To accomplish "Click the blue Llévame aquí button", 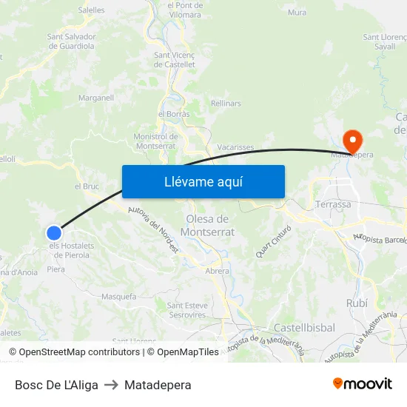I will tap(203, 181).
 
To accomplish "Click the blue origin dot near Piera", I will tap(53, 232).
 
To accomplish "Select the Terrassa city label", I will tap(332, 203).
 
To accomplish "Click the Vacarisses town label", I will tap(235, 147).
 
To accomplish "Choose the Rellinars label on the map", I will tap(226, 104).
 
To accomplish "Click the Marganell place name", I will tap(96, 97).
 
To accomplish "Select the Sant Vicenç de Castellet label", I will tap(175, 59).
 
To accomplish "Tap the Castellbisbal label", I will tap(304, 327).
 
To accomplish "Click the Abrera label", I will tap(217, 271).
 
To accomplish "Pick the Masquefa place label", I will tap(118, 296).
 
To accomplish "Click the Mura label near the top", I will tap(297, 12).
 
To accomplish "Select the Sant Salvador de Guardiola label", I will tap(71, 41).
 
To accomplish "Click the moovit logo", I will tap(362, 383).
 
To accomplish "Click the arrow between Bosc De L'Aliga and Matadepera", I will tap(111, 385).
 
